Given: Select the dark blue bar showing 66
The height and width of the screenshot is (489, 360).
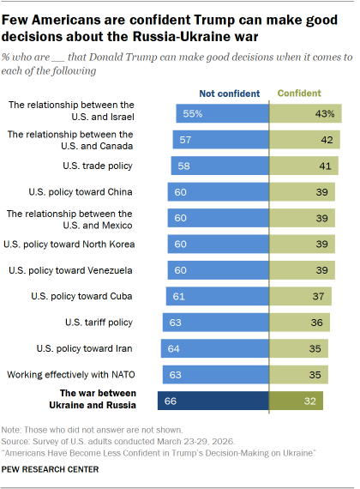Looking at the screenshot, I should tap(213, 401).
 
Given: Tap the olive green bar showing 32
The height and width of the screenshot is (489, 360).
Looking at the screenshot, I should tap(297, 401).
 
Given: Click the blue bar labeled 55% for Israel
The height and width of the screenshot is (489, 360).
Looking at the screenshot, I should tap(222, 113).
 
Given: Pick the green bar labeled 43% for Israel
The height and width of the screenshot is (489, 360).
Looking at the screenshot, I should tap(306, 113).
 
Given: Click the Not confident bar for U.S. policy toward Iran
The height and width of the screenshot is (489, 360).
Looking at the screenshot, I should tap(214, 348).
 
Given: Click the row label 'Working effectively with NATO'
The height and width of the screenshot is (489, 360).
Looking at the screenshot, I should tap(70, 375).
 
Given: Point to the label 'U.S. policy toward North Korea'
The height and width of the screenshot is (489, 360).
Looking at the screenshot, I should tap(68, 244).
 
